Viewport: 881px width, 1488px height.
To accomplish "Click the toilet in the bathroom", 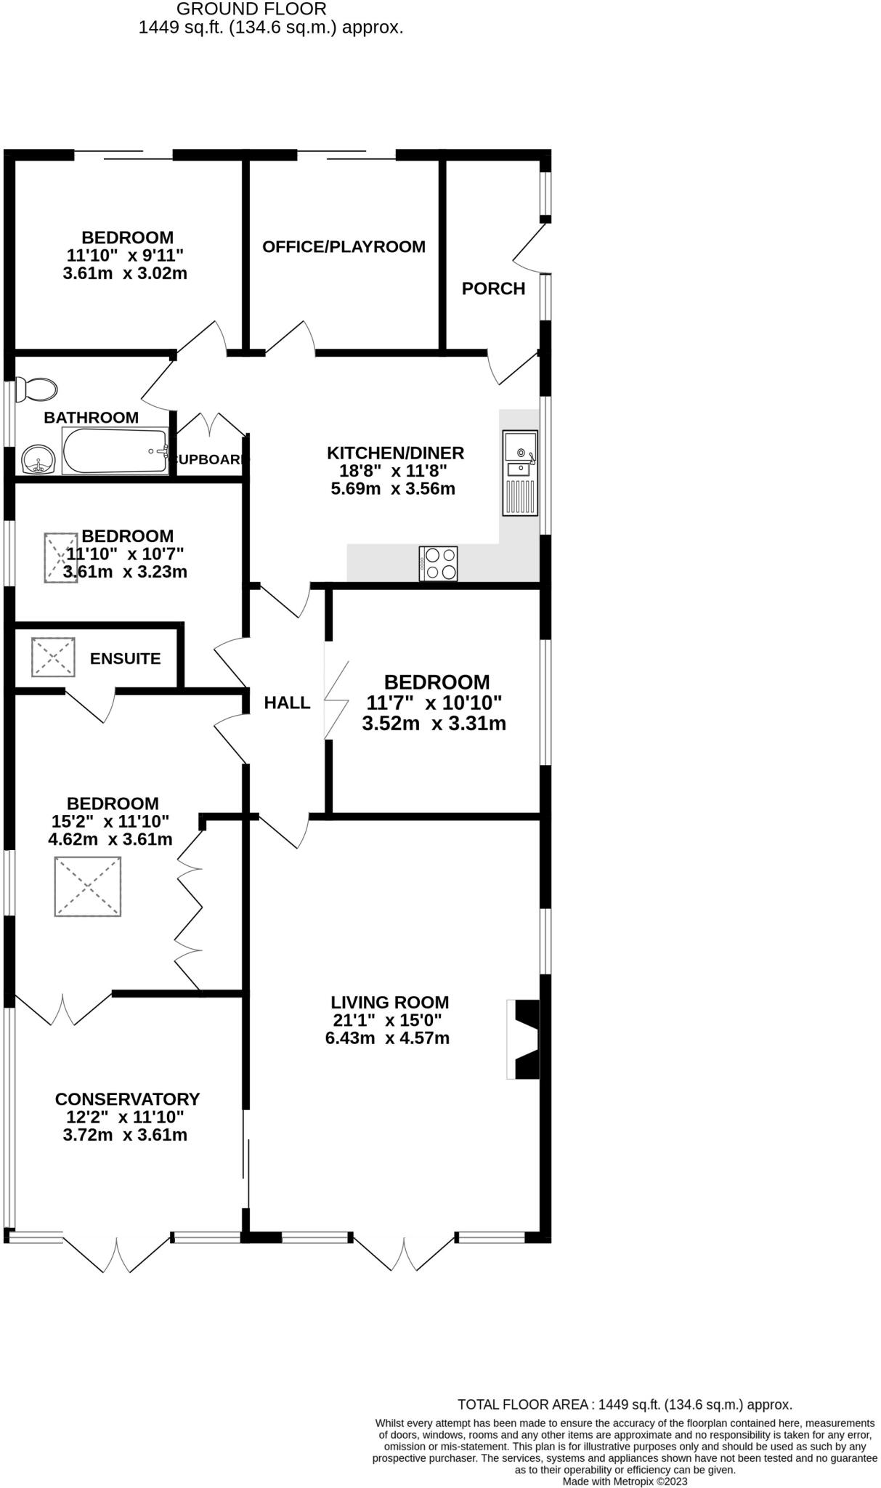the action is (x=36, y=389).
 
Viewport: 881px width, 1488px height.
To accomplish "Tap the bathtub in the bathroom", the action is (x=115, y=451).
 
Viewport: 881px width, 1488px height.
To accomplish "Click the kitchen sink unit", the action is (x=521, y=472).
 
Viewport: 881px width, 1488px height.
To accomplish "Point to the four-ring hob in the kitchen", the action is (x=439, y=564).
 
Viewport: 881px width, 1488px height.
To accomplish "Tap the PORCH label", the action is (x=493, y=288).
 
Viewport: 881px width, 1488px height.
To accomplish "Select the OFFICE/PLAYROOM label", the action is (x=344, y=246).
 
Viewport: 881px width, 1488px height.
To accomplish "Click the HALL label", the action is (x=287, y=703).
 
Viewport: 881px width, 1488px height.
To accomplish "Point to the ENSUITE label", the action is (x=125, y=658).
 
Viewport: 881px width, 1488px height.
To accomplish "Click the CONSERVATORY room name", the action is (x=127, y=1099).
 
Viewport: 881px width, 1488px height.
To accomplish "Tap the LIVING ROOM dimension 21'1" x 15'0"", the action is (x=387, y=1020).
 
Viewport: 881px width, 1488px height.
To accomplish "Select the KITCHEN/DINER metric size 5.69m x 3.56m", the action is (x=393, y=488).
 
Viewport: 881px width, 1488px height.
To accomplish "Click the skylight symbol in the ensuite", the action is (x=53, y=657).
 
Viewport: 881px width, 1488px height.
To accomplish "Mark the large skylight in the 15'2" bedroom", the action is (x=87, y=886).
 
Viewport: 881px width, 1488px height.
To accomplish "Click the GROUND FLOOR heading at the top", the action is (x=251, y=9).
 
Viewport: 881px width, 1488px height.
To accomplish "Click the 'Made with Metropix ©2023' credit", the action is (x=625, y=1481).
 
